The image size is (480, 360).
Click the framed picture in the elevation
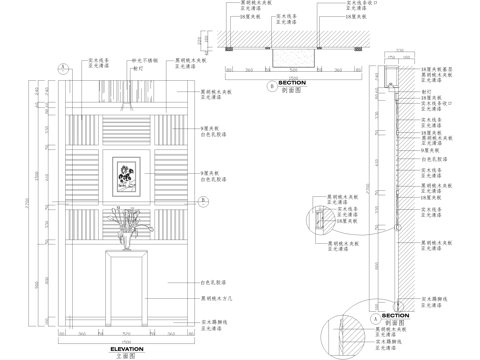click(125, 175)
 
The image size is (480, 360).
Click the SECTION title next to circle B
click(291, 83)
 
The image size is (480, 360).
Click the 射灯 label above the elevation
click(138, 68)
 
